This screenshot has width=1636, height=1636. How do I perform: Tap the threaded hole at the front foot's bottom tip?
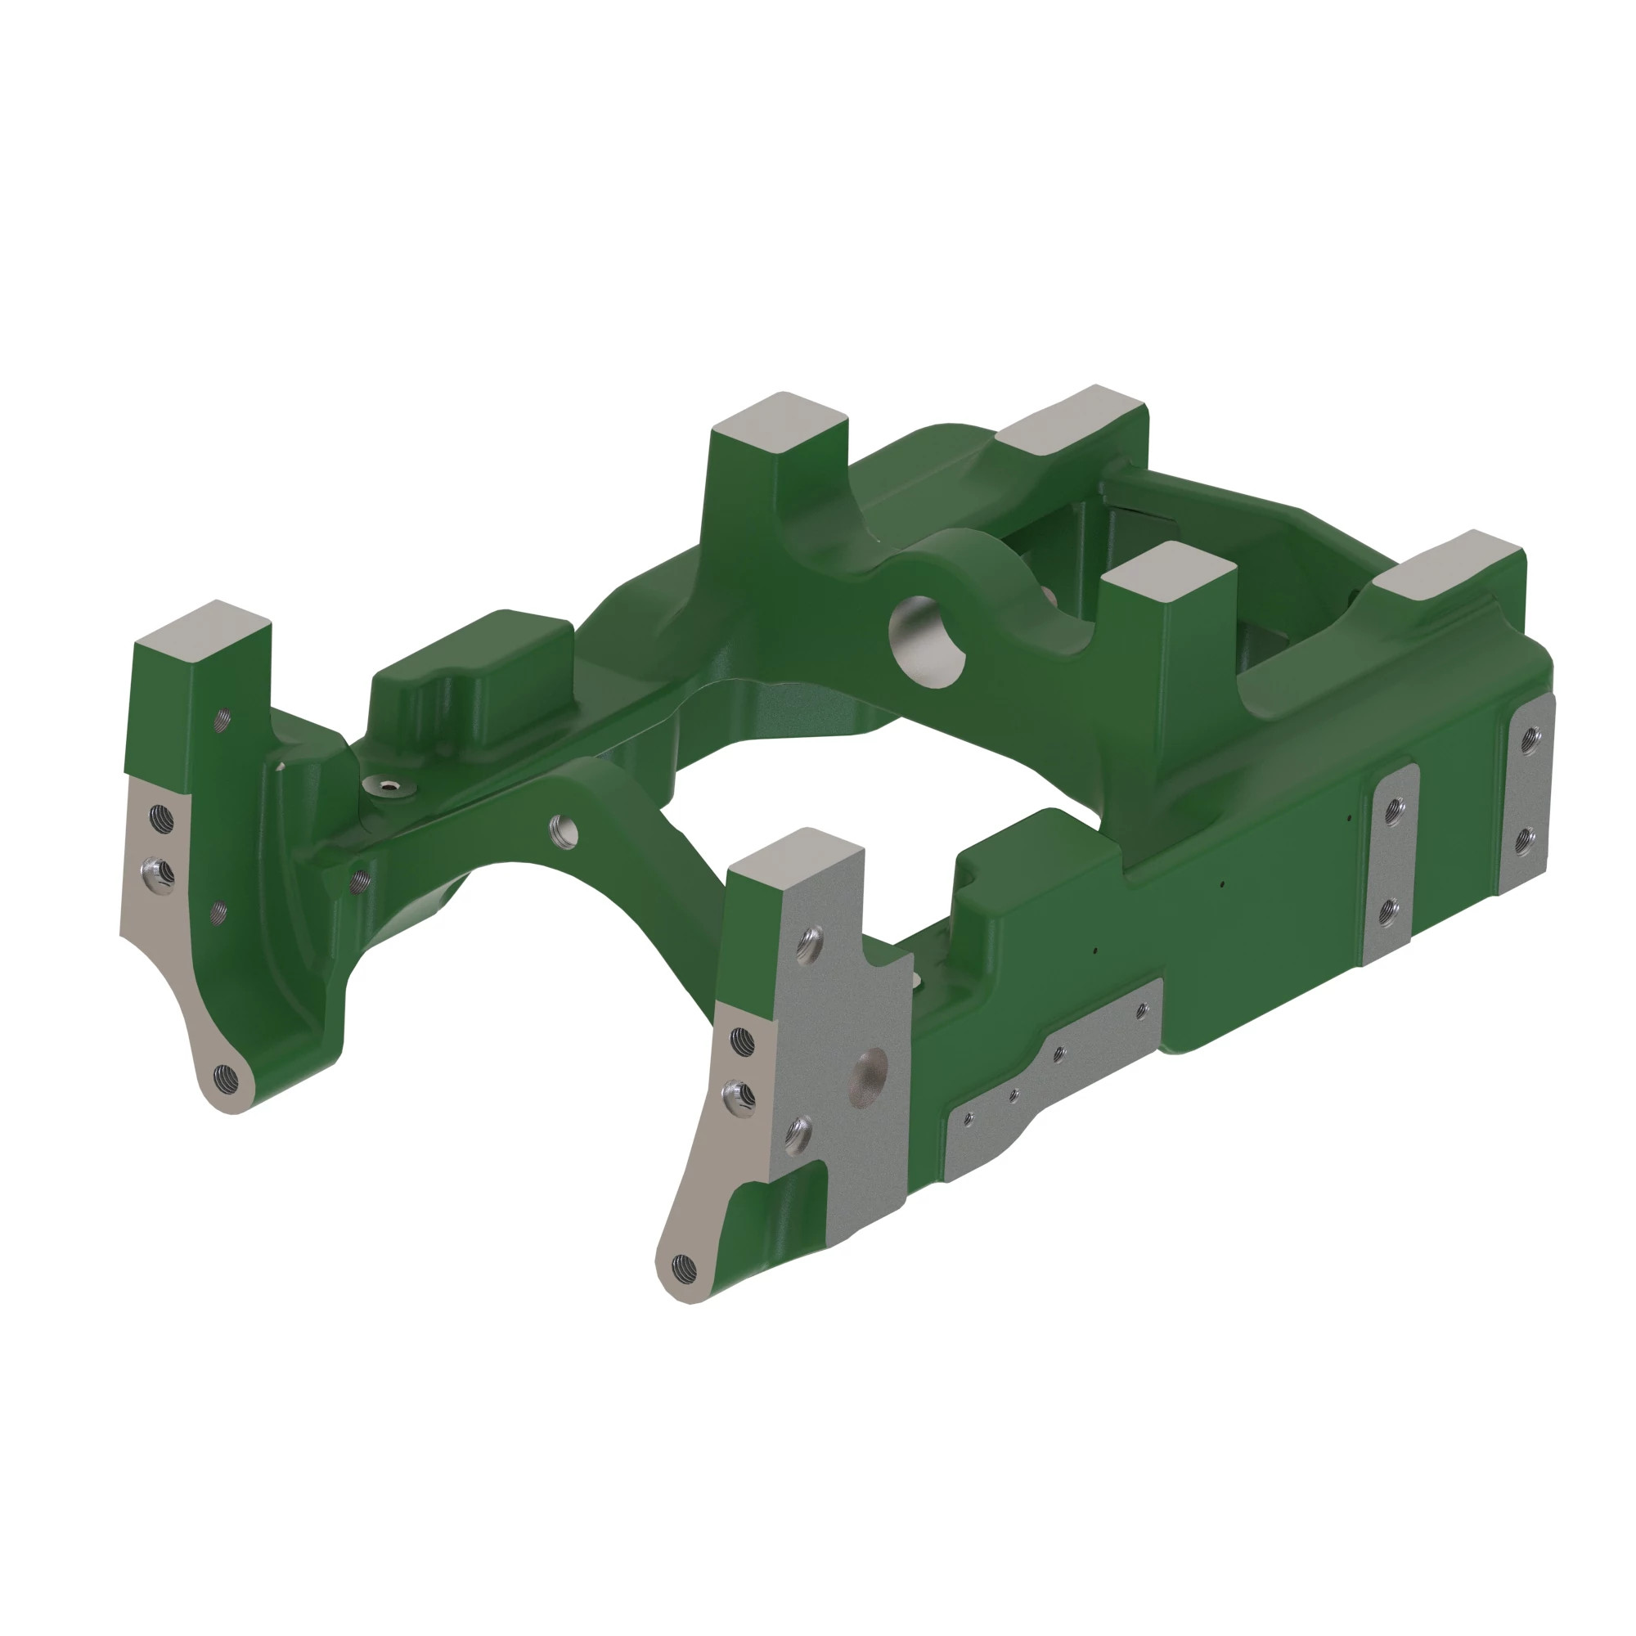click(x=682, y=1267)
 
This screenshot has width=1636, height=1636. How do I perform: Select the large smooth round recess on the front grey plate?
click(x=868, y=1076)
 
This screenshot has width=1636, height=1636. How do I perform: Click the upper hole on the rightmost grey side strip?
click(x=1530, y=741)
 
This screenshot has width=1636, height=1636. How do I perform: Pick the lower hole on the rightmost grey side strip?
click(x=1524, y=839)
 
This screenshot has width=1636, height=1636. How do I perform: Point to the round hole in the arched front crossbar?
click(x=563, y=831)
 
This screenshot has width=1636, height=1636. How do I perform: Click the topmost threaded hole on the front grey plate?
click(x=811, y=941)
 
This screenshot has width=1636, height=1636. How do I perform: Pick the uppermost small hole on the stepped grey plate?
click(x=1141, y=1009)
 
